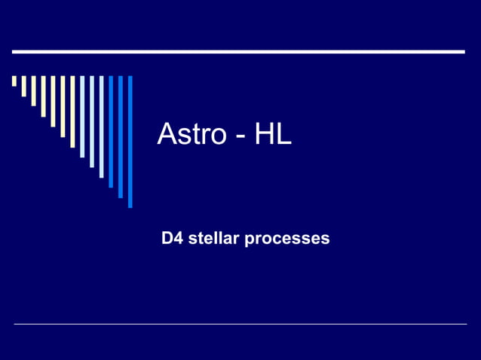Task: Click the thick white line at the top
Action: click(238, 52)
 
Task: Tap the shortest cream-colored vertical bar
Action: click(14, 81)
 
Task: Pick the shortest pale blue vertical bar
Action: click(82, 116)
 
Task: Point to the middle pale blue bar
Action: click(92, 121)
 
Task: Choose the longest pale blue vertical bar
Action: click(102, 126)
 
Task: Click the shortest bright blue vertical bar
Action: click(111, 131)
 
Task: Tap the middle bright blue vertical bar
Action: click(121, 136)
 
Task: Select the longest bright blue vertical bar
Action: click(130, 141)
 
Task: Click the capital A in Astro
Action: click(166, 135)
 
